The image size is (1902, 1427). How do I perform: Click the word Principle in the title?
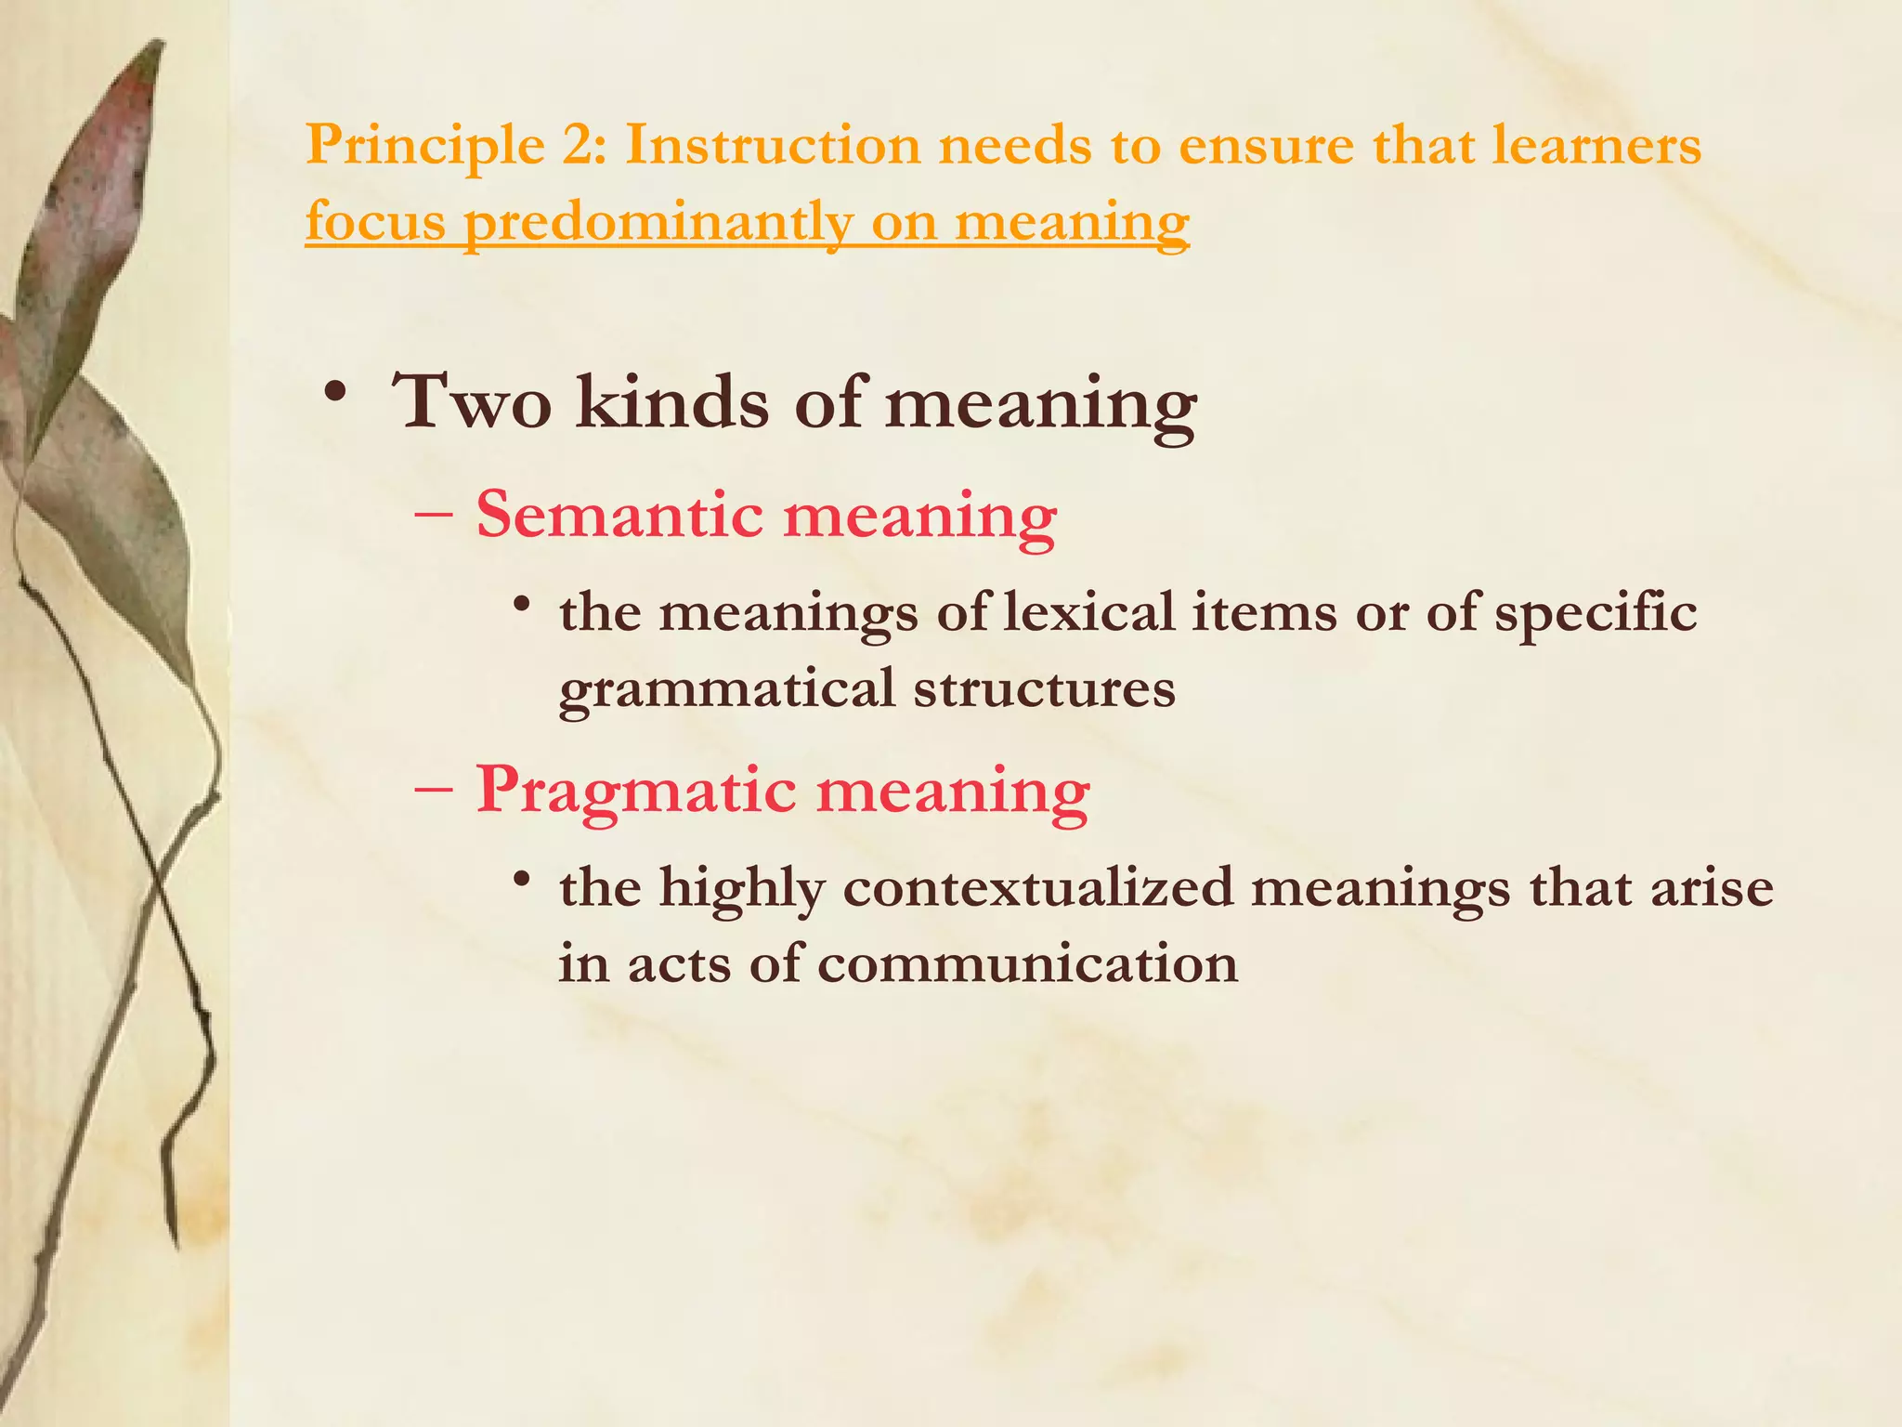click(x=425, y=147)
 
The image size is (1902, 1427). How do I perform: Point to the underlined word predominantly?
click(x=657, y=224)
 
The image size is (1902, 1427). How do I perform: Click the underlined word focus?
click(x=375, y=222)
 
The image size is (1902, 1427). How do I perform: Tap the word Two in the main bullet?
click(x=473, y=403)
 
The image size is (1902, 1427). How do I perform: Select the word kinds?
click(x=672, y=403)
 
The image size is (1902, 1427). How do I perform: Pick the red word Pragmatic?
click(x=636, y=791)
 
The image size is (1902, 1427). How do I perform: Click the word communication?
click(x=1027, y=963)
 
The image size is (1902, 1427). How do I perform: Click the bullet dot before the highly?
click(x=523, y=878)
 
